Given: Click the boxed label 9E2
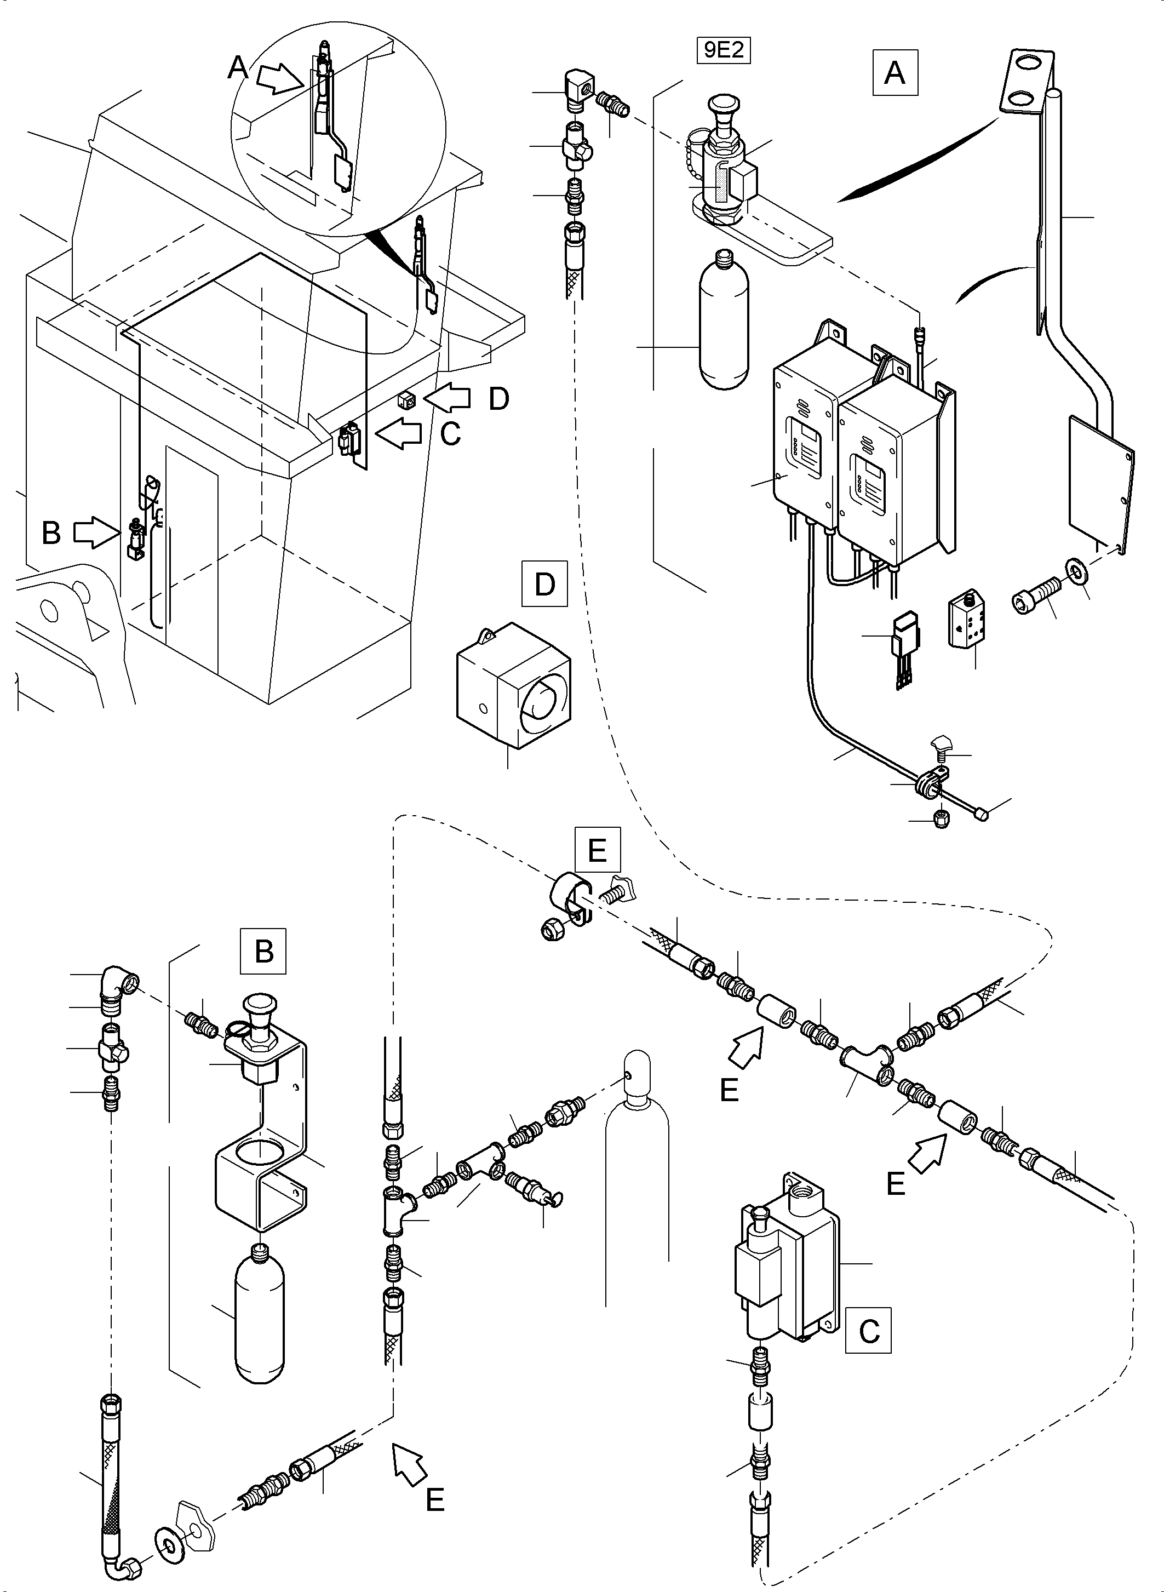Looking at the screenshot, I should pyautogui.click(x=724, y=51).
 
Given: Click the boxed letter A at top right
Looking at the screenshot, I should pyautogui.click(x=894, y=72).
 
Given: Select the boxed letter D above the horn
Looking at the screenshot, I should pyautogui.click(x=544, y=584).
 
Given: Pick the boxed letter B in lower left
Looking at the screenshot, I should pyautogui.click(x=263, y=952).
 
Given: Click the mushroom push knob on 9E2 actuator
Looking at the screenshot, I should pyautogui.click(x=724, y=108).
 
